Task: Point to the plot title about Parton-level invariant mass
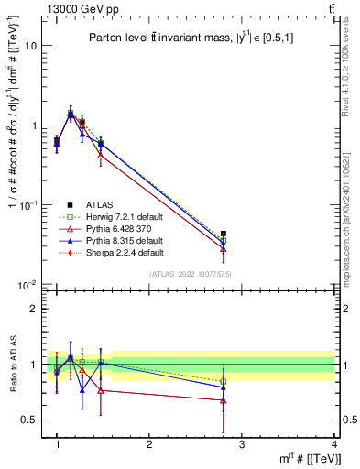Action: (191, 38)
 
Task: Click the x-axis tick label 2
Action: (148, 444)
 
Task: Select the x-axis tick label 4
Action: (333, 444)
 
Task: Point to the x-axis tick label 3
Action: (241, 444)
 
